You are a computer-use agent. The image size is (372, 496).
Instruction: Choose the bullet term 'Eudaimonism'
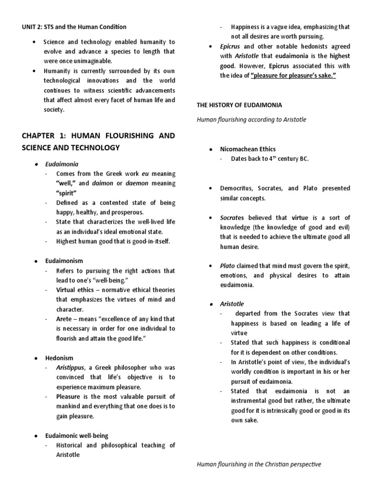click(x=63, y=261)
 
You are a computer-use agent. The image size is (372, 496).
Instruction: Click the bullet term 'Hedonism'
click(x=59, y=358)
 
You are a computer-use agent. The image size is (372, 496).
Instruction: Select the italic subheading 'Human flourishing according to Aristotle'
click(x=251, y=119)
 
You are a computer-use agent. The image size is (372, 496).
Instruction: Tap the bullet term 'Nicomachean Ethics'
click(x=248, y=149)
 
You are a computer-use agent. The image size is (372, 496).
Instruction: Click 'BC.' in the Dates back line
click(x=303, y=159)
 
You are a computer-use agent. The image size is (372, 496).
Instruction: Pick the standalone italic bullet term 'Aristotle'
click(x=232, y=304)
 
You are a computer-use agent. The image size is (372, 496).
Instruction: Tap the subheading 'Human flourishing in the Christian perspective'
click(x=259, y=465)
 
